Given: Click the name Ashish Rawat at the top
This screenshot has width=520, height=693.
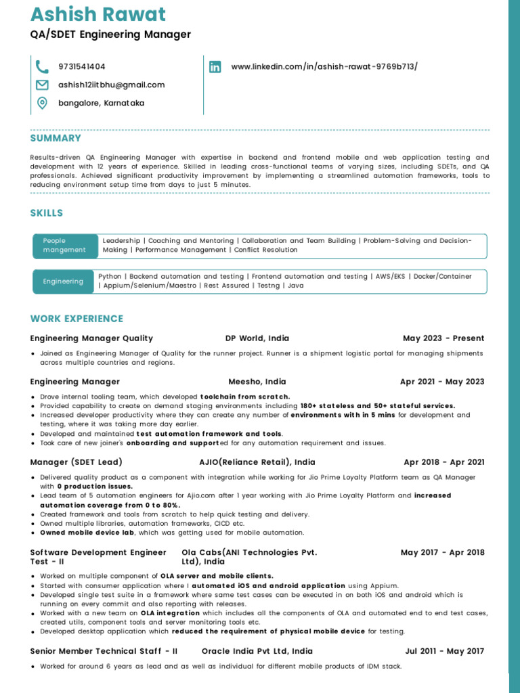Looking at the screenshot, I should click(x=98, y=14).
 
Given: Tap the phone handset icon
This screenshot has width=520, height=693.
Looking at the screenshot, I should click(x=42, y=66).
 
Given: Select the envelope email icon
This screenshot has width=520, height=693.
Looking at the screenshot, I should click(x=42, y=85).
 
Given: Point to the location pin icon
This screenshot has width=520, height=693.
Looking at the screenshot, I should click(x=42, y=103).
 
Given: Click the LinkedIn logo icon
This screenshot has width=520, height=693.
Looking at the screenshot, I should click(x=215, y=66).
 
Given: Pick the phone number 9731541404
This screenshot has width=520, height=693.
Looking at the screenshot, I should click(x=82, y=66).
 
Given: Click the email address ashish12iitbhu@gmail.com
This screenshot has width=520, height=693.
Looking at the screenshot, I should click(x=111, y=85).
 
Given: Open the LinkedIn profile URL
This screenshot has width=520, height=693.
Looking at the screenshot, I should click(x=324, y=66).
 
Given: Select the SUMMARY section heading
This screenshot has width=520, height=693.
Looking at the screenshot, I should click(x=56, y=138).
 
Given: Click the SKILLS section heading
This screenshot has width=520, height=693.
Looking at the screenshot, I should click(x=47, y=213).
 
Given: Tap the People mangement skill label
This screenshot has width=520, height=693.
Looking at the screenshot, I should click(x=64, y=245).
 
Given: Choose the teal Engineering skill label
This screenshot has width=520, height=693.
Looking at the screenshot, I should click(x=63, y=281).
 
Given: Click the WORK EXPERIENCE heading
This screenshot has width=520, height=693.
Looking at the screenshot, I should click(x=77, y=319).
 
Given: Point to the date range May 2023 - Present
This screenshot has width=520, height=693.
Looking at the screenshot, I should click(x=443, y=338).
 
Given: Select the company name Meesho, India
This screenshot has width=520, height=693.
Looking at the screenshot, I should click(x=257, y=382).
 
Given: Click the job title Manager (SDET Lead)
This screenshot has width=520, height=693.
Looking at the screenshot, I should click(x=77, y=462).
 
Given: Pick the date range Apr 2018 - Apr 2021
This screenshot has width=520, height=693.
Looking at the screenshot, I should click(x=444, y=462).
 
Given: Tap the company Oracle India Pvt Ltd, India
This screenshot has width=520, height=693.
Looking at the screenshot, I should click(x=257, y=651).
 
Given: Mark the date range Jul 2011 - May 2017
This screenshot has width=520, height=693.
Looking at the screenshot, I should click(x=445, y=651).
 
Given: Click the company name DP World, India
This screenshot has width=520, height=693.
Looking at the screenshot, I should click(x=257, y=338).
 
